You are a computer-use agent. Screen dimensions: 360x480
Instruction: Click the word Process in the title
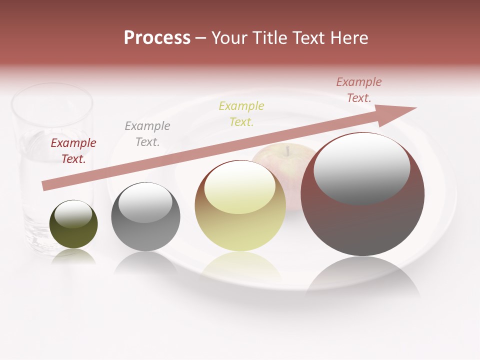pyautogui.click(x=157, y=38)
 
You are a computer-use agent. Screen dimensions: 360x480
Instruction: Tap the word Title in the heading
pyautogui.click(x=266, y=38)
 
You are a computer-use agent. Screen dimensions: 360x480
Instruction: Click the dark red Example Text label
pyautogui.click(x=73, y=151)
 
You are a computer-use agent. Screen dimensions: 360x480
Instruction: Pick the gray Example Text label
pyautogui.click(x=147, y=134)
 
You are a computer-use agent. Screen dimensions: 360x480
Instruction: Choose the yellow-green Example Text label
pyautogui.click(x=241, y=113)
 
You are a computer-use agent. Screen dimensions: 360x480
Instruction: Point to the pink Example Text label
pyautogui.click(x=358, y=90)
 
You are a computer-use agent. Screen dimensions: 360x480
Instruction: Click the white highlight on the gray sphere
pyautogui.click(x=145, y=202)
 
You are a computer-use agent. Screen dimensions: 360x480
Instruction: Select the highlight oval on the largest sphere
pyautogui.click(x=362, y=169)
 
